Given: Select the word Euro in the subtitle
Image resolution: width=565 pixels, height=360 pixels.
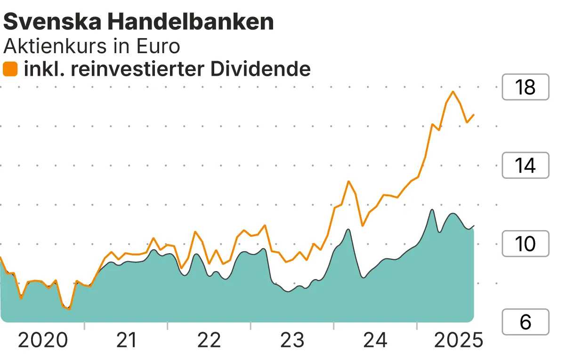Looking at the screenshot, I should (x=159, y=46).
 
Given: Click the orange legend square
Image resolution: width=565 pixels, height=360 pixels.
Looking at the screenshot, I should (x=10, y=69).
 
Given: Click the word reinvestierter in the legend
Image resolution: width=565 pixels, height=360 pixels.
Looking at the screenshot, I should (x=135, y=69).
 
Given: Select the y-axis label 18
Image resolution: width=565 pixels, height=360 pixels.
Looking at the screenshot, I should (x=525, y=88).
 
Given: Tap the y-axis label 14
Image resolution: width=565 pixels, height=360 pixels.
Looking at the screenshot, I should (x=525, y=166).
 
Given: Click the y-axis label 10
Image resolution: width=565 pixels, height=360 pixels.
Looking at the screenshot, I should (x=525, y=244).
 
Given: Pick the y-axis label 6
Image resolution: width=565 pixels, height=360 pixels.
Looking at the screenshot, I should (x=525, y=322).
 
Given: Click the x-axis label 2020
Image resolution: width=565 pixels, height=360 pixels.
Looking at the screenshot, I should (x=43, y=340).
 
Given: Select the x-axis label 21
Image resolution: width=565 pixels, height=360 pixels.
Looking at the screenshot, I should (x=126, y=340).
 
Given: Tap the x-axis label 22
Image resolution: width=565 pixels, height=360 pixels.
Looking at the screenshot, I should (x=209, y=340).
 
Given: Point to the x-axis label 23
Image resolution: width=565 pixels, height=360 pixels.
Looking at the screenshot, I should (x=292, y=340).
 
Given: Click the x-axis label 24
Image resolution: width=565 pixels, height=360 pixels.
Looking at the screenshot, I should (x=375, y=340).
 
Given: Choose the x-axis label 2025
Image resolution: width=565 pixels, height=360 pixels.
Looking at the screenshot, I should (x=458, y=340).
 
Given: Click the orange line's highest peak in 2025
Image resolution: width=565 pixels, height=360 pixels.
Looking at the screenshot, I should (x=453, y=91).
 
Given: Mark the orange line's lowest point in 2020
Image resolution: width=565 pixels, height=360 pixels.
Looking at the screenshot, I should (x=69, y=309).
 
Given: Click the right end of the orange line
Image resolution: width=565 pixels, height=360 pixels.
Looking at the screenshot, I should (x=474, y=114).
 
